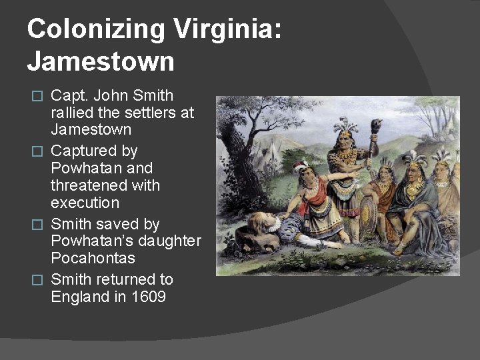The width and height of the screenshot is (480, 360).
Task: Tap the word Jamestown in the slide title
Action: [x=101, y=62]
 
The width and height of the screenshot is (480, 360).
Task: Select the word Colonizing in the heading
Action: [x=96, y=29]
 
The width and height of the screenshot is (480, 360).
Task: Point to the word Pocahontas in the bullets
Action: [x=93, y=258]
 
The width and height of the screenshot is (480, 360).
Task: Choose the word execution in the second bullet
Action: [x=85, y=202]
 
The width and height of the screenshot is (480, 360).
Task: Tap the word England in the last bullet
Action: [x=79, y=297]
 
